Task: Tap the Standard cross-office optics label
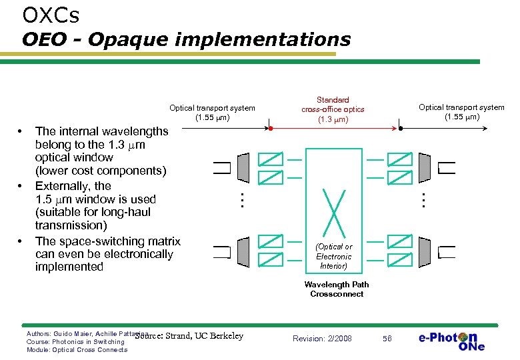(333, 110)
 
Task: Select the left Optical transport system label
(212, 113)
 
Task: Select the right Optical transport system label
(461, 112)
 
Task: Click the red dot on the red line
(270, 128)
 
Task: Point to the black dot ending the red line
(401, 128)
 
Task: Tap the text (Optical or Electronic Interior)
(333, 256)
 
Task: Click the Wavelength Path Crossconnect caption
(336, 289)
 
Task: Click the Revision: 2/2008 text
(322, 339)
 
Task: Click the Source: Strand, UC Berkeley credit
(189, 336)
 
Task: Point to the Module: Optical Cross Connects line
(77, 350)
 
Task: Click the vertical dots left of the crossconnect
(243, 199)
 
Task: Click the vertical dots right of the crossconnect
(421, 199)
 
